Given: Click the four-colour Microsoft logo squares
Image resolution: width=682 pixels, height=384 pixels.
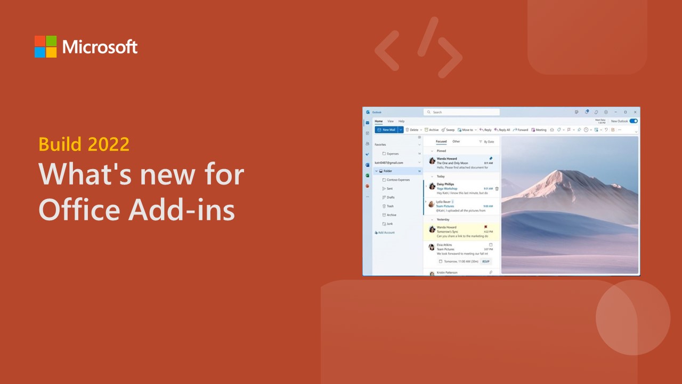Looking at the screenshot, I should pyautogui.click(x=45, y=46).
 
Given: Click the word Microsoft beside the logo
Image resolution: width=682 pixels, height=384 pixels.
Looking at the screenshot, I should pyautogui.click(x=100, y=47).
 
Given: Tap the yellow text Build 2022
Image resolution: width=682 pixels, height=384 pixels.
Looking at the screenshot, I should pyautogui.click(x=84, y=144).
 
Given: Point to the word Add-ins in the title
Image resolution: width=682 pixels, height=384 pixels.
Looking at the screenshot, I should pyautogui.click(x=181, y=210).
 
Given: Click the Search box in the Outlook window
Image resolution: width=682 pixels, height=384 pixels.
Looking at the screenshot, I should pyautogui.click(x=461, y=112).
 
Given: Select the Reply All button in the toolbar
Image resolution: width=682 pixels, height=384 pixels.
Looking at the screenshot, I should pyautogui.click(x=502, y=130).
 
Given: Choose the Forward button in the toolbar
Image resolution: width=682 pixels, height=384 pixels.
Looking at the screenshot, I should pyautogui.click(x=521, y=130).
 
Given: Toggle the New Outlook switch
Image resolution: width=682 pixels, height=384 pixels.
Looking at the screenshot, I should pyautogui.click(x=634, y=121).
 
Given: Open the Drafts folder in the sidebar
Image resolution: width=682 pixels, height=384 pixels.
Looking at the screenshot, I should pyautogui.click(x=390, y=197).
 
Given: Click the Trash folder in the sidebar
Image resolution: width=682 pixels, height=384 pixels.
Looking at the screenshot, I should pyautogui.click(x=389, y=206).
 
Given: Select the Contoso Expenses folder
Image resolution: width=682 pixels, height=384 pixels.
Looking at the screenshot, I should pyautogui.click(x=397, y=180).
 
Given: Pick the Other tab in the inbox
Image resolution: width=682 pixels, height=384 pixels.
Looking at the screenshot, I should pyautogui.click(x=456, y=141).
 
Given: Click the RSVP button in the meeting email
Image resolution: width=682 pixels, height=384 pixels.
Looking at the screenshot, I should pyautogui.click(x=485, y=261).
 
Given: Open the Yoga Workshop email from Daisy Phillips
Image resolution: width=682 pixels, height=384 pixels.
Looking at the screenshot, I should pyautogui.click(x=461, y=188).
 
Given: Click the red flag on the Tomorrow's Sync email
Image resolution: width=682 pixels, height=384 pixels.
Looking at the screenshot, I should pyautogui.click(x=485, y=227).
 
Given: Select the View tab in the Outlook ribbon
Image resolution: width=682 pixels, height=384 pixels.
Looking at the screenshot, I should pyautogui.click(x=391, y=122).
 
